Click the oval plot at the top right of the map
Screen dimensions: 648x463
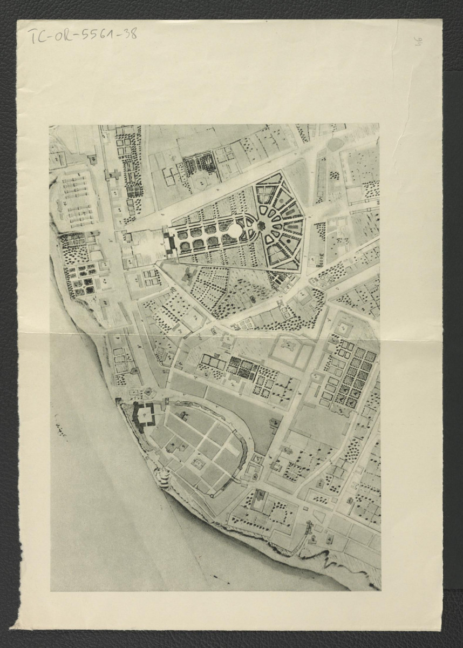(x=335, y=144)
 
